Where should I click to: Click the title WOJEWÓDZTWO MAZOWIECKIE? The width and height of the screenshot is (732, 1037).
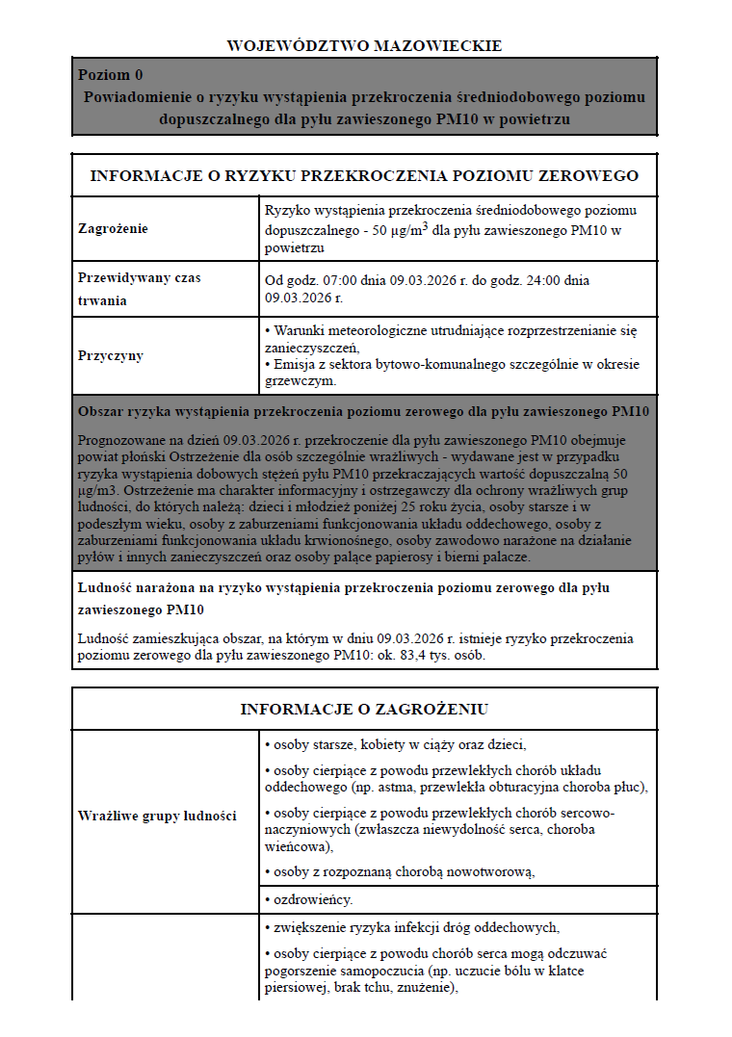click(364, 45)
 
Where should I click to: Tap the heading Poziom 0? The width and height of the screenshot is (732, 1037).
click(111, 75)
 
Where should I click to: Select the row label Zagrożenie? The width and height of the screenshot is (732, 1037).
click(114, 229)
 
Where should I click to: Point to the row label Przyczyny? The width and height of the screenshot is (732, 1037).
click(111, 355)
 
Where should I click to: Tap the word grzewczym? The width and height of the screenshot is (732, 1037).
click(300, 380)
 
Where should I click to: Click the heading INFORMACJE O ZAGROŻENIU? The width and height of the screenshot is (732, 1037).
click(364, 710)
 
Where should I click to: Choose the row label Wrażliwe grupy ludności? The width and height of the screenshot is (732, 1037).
click(157, 816)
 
